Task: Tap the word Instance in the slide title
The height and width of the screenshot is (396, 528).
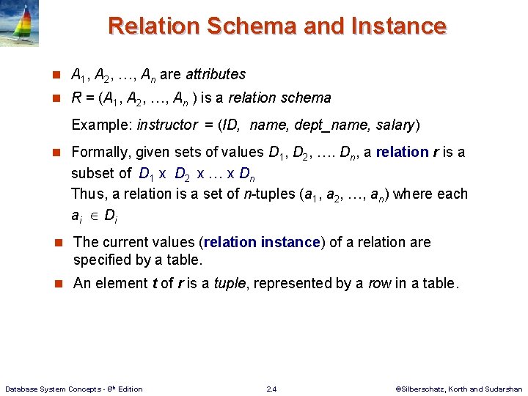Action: click(400, 26)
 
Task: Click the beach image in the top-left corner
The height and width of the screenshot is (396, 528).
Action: click(19, 23)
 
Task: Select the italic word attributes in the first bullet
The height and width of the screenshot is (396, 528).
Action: click(216, 74)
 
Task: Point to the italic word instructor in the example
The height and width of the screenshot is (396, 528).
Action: click(167, 125)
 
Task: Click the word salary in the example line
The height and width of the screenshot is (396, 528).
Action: click(395, 125)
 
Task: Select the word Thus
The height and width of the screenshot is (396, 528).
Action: click(86, 194)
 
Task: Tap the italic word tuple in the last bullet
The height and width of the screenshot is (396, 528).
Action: click(229, 283)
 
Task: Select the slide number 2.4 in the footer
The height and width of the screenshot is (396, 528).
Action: click(272, 389)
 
